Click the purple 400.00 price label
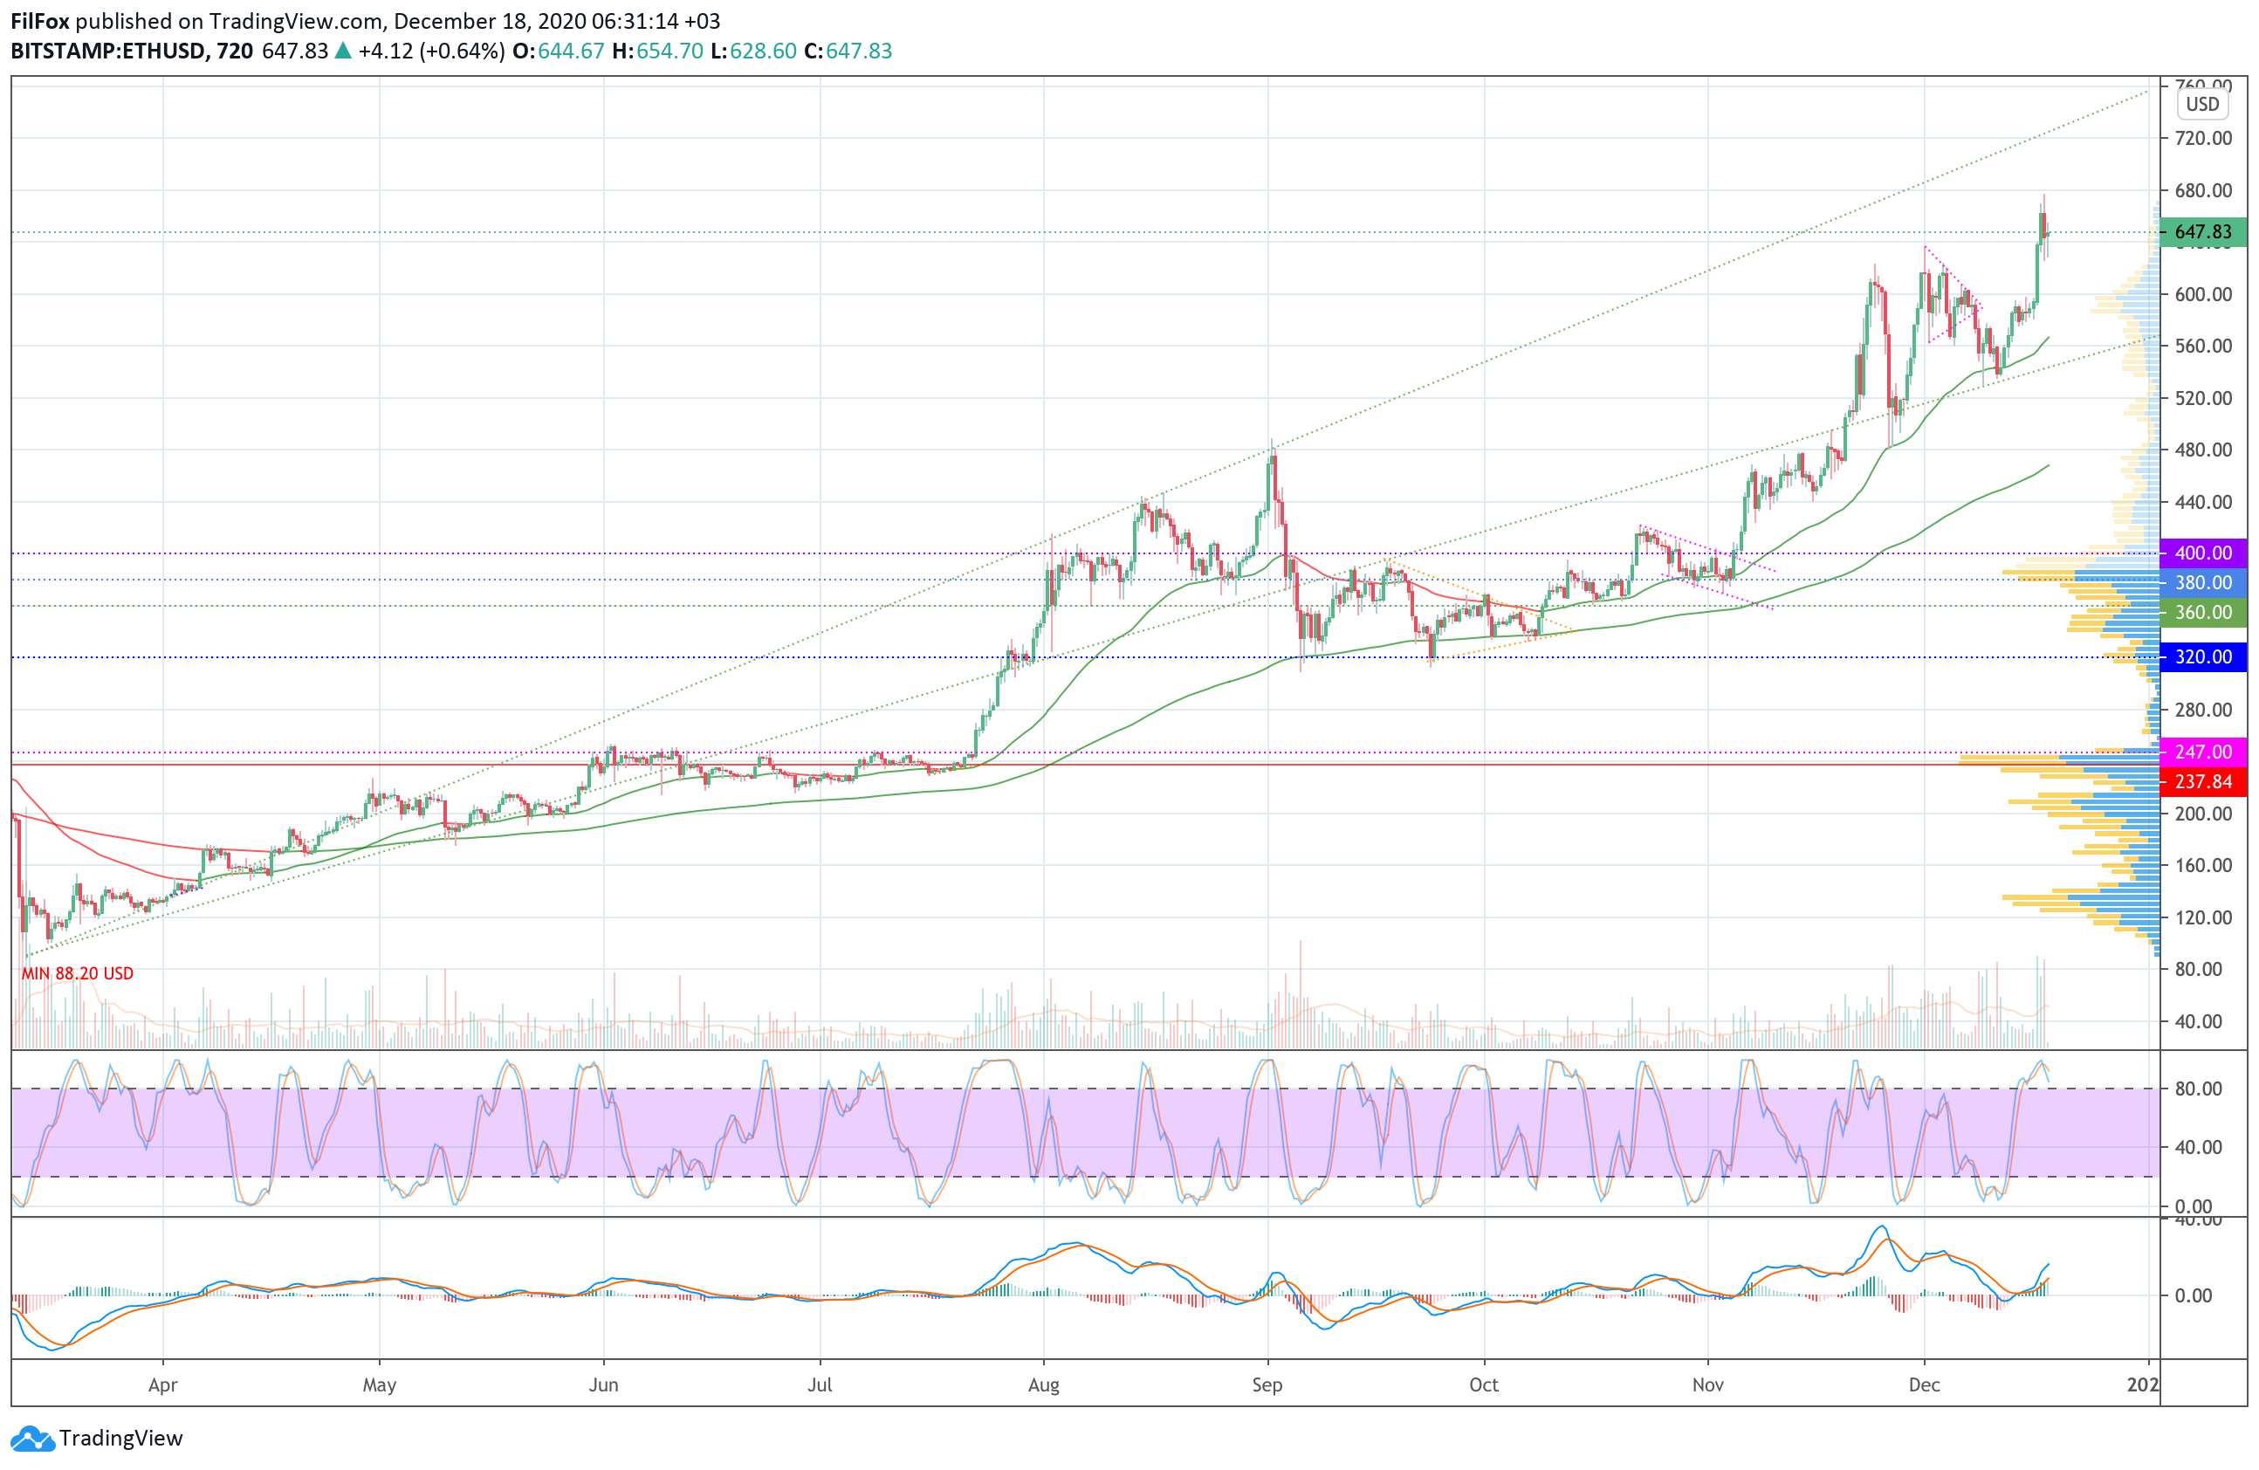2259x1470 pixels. coord(2202,553)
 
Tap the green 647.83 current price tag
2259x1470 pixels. coord(2202,231)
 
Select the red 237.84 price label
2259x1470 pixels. coord(2202,781)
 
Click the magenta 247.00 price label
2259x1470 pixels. coord(2202,752)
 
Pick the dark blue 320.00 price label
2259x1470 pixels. coord(2202,656)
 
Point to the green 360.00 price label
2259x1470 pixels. coord(2202,612)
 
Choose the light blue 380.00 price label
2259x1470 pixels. coord(2202,583)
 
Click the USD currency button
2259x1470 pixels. coord(2202,105)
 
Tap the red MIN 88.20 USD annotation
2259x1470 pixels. coord(78,972)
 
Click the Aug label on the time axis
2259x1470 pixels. coord(1043,1384)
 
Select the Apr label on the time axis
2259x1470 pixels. coord(163,1384)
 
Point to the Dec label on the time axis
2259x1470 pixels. coord(1924,1384)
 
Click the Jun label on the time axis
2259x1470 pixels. coord(604,1384)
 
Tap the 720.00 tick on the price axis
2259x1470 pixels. coord(2203,139)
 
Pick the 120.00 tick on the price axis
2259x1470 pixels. coord(2203,917)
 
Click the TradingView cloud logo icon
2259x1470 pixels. coord(33,1439)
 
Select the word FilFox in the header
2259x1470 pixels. coord(40,21)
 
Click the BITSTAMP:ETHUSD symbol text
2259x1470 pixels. coord(107,52)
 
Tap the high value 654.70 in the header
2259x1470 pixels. coord(669,52)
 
